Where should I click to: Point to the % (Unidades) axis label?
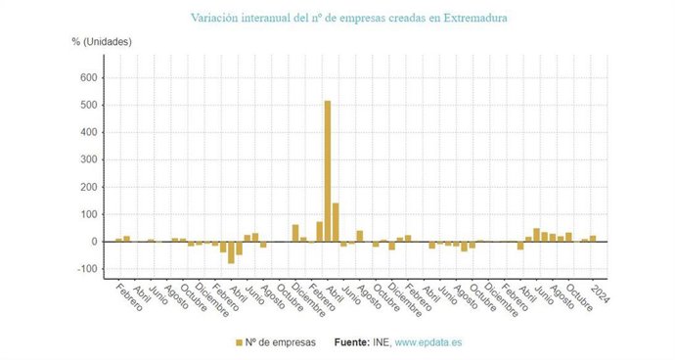[x=101, y=41]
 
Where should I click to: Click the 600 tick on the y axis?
[x=86, y=77]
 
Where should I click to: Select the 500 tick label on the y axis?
[x=86, y=105]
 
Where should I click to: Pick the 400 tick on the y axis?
[x=86, y=132]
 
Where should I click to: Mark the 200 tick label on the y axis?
[x=86, y=187]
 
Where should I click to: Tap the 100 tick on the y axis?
[x=86, y=214]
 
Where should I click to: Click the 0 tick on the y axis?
[x=93, y=242]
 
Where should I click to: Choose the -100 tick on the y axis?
[x=84, y=269]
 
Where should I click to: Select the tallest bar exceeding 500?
[x=328, y=171]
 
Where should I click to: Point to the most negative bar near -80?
[x=232, y=252]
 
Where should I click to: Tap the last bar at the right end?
[x=593, y=239]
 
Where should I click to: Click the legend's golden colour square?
[x=240, y=342]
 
